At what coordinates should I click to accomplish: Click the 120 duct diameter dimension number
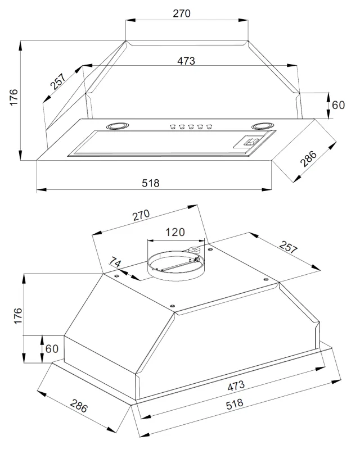[175, 232]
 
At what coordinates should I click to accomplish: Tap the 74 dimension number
[115, 262]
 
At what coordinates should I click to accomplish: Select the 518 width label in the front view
[150, 183]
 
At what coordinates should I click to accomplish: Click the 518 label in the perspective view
[235, 403]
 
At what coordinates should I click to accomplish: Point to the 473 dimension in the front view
[186, 61]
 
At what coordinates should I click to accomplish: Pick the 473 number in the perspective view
[236, 385]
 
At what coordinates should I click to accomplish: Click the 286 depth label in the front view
[308, 158]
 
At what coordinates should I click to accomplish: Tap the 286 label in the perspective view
[79, 406]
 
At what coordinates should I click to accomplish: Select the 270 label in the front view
[182, 13]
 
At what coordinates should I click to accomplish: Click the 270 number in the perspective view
[141, 215]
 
